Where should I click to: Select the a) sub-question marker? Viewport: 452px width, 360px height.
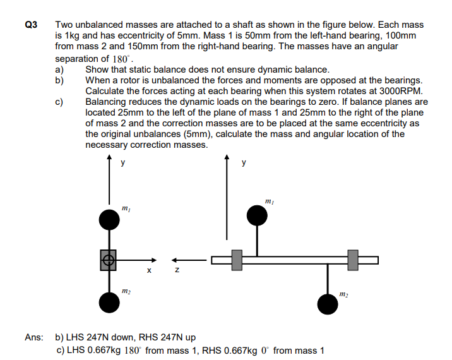[x=60, y=69]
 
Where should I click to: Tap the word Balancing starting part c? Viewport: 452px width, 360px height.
[x=107, y=102]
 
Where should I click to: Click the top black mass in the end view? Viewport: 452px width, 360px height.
[x=110, y=220]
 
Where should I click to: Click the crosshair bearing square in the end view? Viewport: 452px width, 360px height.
[x=109, y=260]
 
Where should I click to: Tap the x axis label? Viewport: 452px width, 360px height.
[x=149, y=272]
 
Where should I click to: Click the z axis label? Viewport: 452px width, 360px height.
[x=177, y=272]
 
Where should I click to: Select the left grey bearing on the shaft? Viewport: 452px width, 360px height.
[x=237, y=260]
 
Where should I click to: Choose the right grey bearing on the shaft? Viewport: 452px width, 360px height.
[x=353, y=260]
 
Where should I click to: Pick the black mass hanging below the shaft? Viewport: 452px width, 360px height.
[x=327, y=304]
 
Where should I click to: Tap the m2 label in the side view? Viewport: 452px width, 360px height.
[x=343, y=294]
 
